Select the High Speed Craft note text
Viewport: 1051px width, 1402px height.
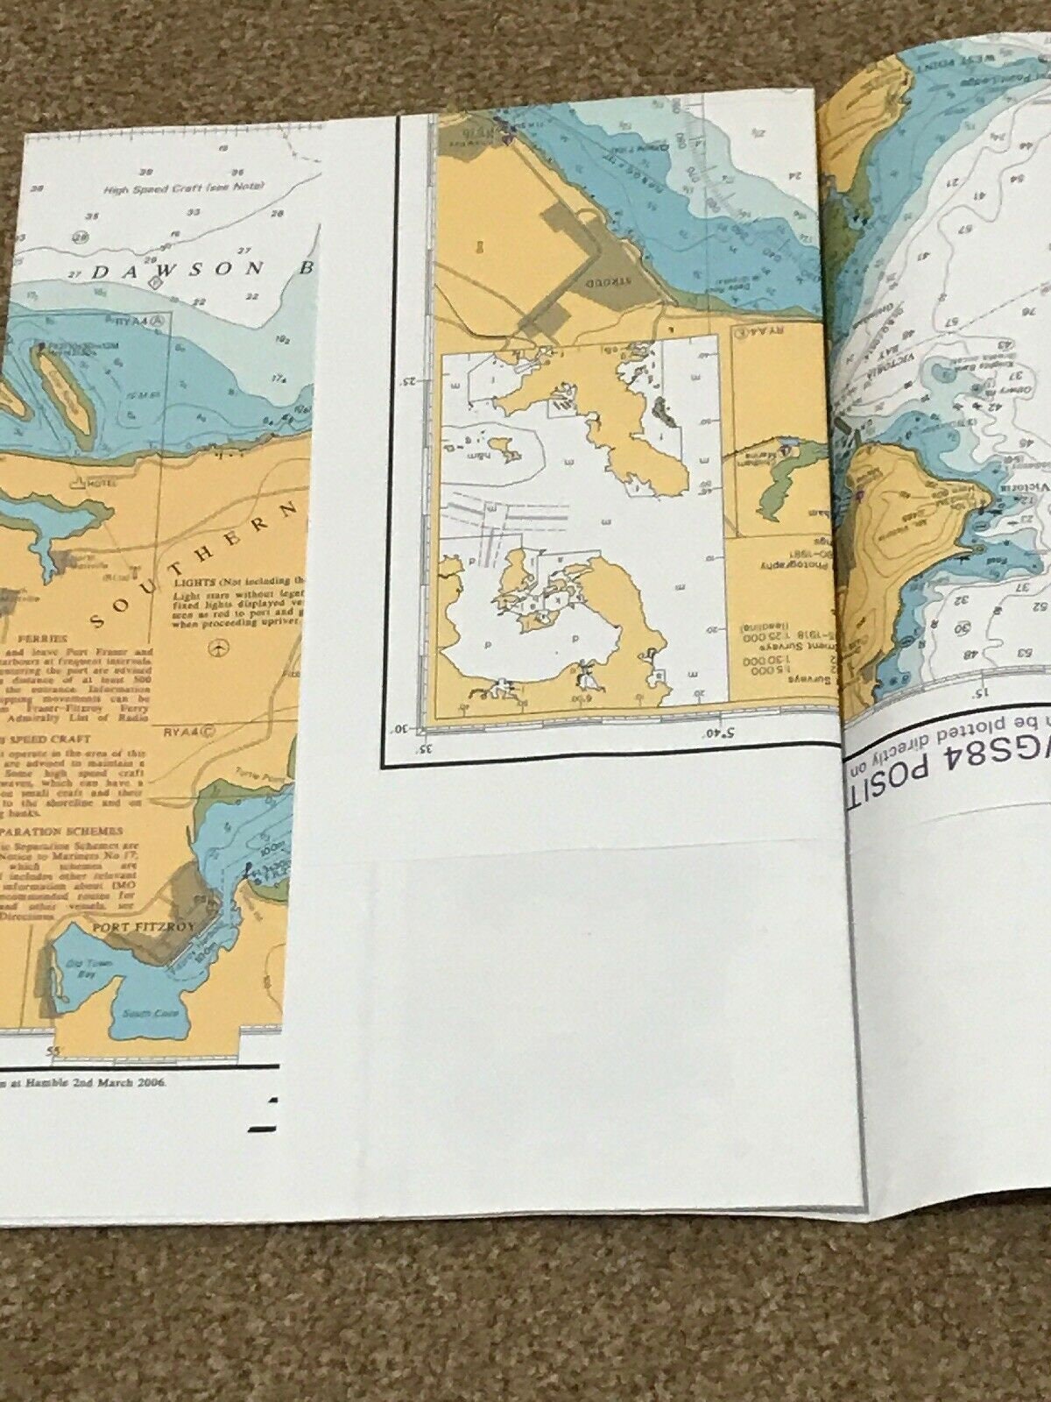[x=163, y=188]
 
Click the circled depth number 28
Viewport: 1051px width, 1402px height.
[x=81, y=236]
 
